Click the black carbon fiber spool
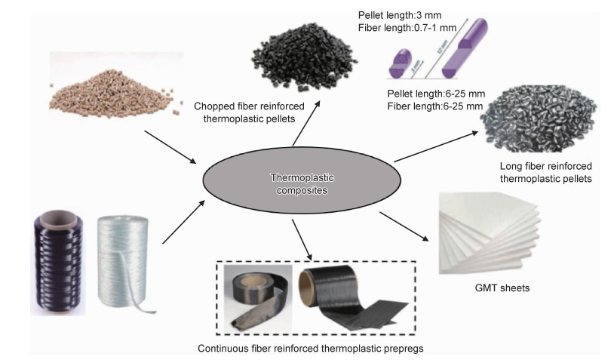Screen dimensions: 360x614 (58, 260)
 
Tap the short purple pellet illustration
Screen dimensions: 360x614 (399, 61)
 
